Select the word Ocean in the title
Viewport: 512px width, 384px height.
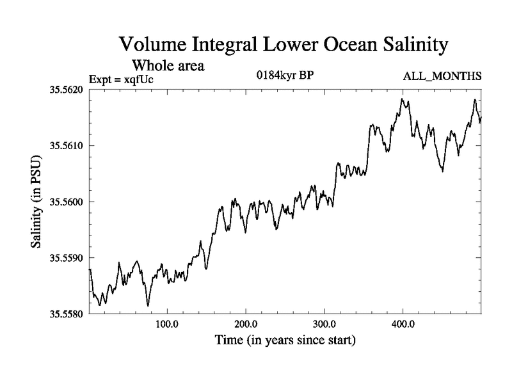pos(343,45)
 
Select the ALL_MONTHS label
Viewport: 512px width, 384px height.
pos(442,77)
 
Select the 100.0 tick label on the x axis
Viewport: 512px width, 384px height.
pos(167,324)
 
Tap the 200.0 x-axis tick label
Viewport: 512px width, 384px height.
pos(246,324)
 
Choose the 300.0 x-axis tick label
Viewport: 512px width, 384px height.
pos(324,324)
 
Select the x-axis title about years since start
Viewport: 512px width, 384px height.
pos(285,340)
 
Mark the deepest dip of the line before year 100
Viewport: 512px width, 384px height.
pos(148,306)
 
